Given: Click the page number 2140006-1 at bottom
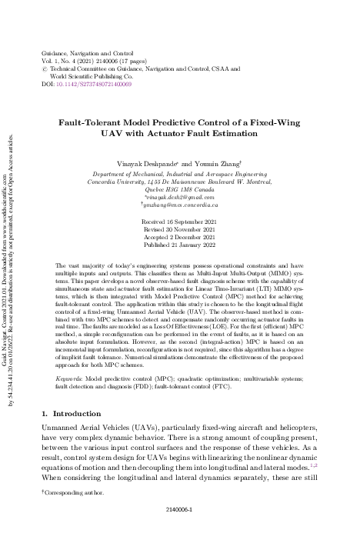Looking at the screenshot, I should (x=180, y=509).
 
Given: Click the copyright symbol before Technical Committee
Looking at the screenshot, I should (x=42, y=68).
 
